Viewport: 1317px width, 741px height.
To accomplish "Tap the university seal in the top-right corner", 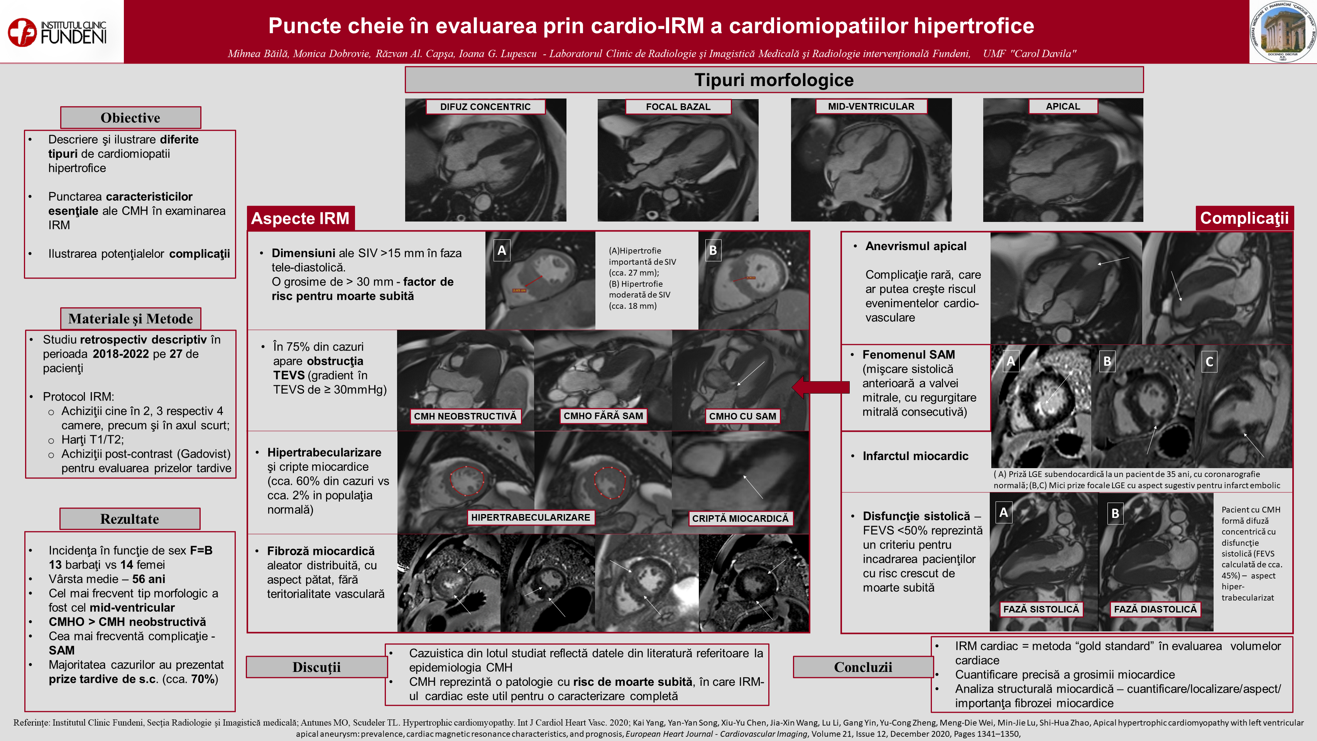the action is click(1283, 32).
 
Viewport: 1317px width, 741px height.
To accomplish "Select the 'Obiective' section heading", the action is click(130, 118).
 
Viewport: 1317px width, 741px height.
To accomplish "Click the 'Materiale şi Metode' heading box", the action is click(130, 319).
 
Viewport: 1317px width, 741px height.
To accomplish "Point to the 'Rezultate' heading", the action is click(130, 519).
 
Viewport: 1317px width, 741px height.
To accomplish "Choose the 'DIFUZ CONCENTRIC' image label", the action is click(485, 107).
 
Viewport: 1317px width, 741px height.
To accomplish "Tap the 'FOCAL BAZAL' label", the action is click(678, 107).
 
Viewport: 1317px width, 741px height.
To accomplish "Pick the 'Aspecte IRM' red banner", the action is click(301, 218).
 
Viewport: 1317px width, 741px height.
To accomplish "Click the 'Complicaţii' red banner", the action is click(1244, 218).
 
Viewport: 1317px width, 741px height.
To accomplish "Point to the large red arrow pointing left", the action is click(821, 387).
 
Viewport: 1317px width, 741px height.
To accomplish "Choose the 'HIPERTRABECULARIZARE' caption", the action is click(531, 518).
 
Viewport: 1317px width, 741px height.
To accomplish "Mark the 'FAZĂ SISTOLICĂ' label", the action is click(1041, 609).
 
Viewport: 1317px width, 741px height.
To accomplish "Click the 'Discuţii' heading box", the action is click(316, 667).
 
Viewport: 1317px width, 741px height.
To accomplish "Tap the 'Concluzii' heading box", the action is click(863, 667).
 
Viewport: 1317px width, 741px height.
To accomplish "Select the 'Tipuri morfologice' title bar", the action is click(774, 80).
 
